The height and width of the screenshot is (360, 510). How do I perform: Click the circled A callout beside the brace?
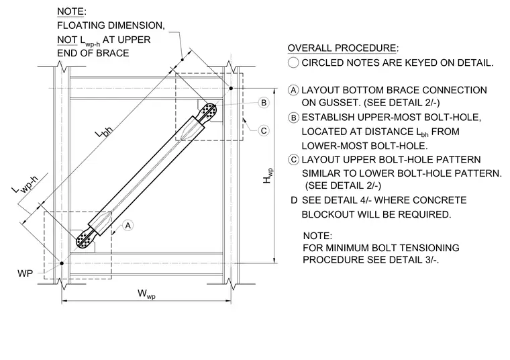coord(128,225)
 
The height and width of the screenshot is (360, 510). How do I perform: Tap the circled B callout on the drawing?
coord(264,103)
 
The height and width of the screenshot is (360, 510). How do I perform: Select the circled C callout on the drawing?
coord(264,131)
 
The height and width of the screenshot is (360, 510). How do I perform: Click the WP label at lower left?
coord(25,273)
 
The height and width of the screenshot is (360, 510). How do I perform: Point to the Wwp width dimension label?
coord(146,294)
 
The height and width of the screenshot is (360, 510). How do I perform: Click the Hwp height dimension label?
coord(268,176)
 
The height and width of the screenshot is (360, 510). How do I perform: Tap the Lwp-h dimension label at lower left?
coord(25,184)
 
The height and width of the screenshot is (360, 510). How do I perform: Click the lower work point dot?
coord(62,263)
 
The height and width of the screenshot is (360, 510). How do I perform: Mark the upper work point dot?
coord(231,88)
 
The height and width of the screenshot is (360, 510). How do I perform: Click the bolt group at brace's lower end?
coord(85,240)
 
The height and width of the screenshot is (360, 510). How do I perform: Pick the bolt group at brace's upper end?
coord(208,111)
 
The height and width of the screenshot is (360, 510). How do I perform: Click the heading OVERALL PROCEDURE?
coord(343,48)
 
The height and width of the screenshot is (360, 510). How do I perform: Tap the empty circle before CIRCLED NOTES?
coord(293,62)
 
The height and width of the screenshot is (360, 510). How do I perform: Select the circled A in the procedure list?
coord(294,90)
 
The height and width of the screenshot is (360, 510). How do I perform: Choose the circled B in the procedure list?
coord(294,118)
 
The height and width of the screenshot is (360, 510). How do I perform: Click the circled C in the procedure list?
coord(294,160)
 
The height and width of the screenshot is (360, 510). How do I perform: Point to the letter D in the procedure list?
coord(294,200)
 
